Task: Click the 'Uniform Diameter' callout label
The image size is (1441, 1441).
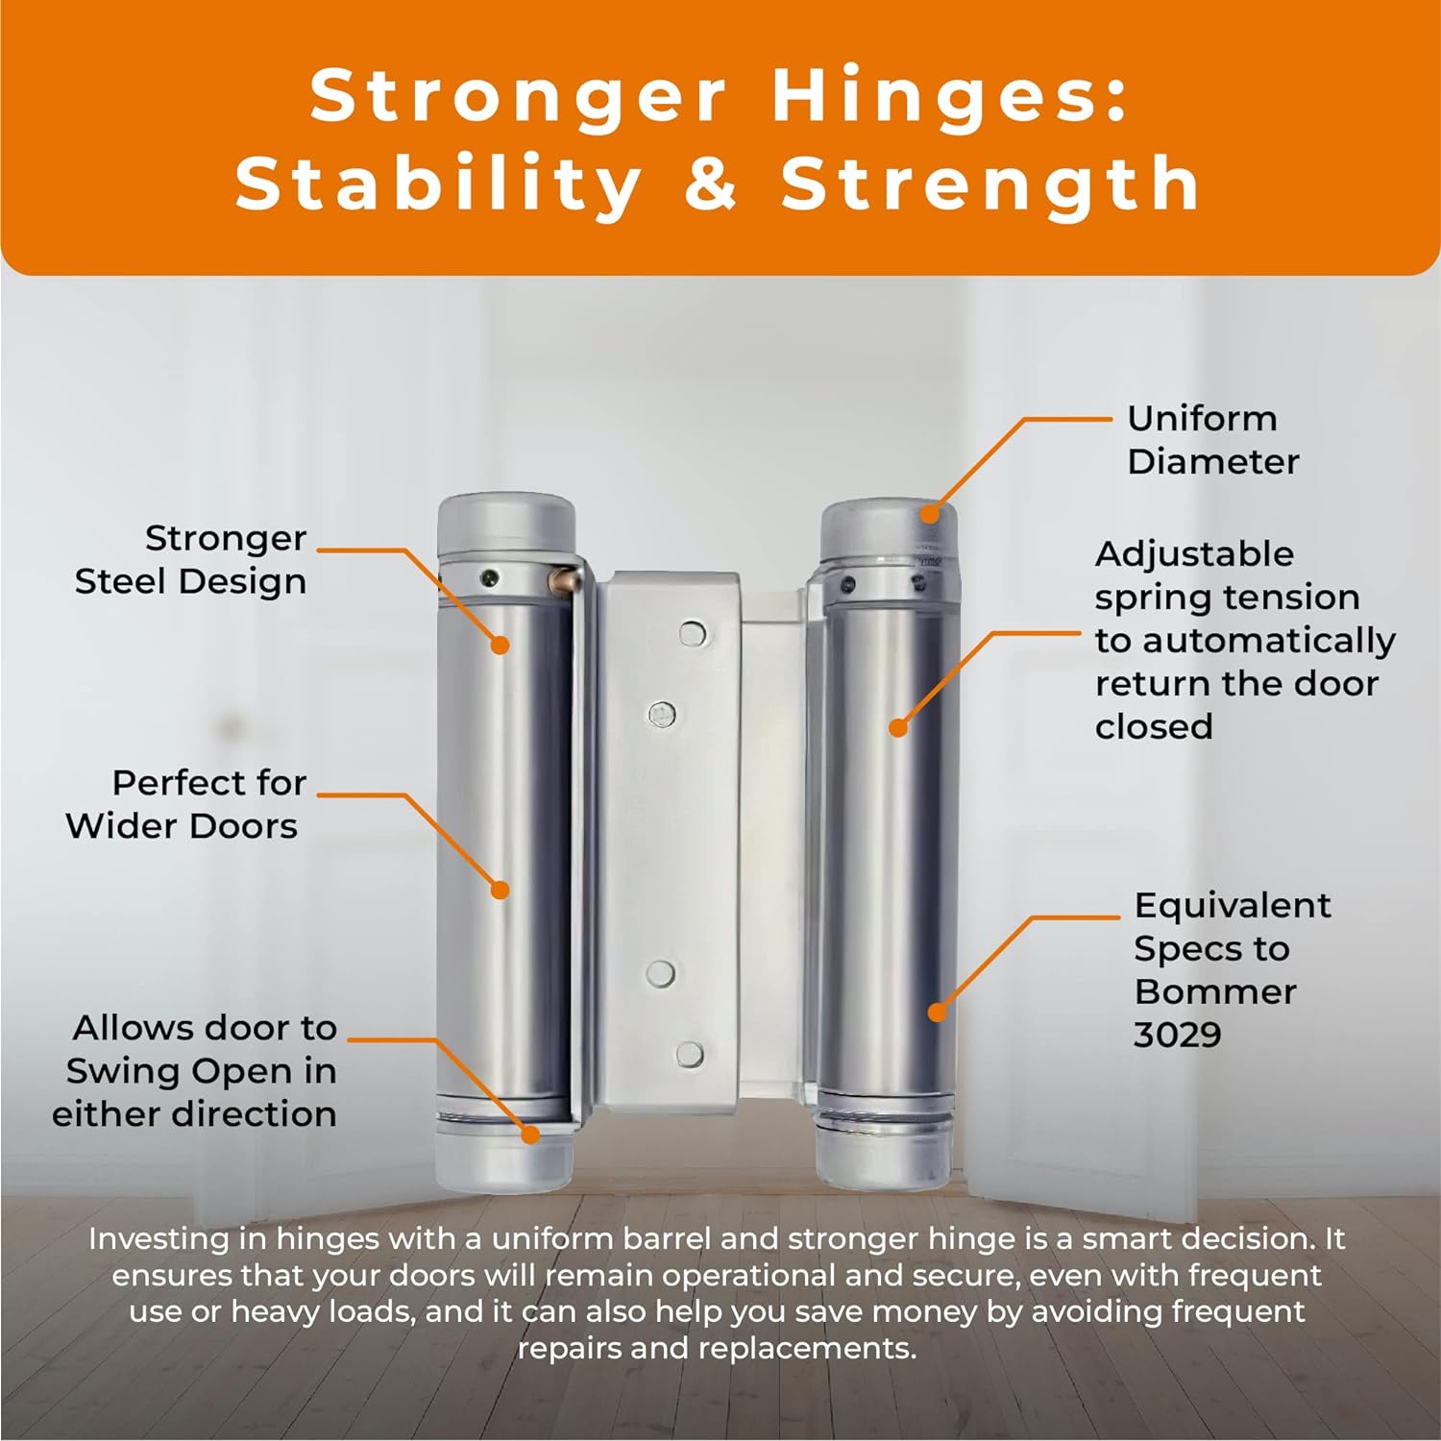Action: point(1212,440)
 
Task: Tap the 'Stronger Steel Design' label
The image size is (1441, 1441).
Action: point(191,560)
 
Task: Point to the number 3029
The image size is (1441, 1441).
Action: point(1178,1035)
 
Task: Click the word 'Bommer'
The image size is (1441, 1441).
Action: point(1214,991)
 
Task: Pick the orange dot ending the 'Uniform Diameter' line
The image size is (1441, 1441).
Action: point(929,513)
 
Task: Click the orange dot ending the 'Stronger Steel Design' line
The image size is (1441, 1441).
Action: point(500,645)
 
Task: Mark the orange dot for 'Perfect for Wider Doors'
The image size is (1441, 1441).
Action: point(500,890)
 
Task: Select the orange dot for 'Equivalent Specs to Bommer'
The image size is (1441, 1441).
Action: point(937,1012)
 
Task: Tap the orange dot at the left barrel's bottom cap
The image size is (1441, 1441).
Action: point(529,1134)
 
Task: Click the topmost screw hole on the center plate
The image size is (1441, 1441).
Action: point(692,633)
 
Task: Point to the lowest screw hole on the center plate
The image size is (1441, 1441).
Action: point(689,1054)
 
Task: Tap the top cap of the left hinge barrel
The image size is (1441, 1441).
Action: point(505,521)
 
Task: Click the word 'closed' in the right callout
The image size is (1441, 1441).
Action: point(1154,727)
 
